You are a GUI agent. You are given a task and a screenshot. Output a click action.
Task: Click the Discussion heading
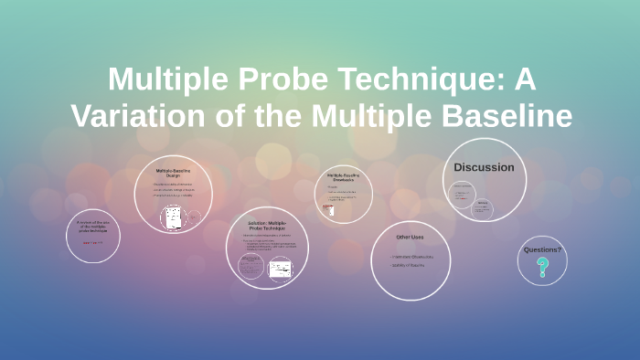tap(484, 167)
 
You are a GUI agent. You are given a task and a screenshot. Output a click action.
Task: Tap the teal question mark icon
tap(542, 268)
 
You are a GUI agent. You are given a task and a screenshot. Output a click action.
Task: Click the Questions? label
tap(542, 249)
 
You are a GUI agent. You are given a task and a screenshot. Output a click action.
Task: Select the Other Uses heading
tap(410, 238)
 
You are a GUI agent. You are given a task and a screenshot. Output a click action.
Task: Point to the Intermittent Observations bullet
tap(412, 257)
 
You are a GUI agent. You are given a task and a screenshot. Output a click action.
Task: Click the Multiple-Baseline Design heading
tap(173, 173)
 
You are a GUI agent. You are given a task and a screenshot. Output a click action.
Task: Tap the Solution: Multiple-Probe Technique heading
tap(267, 226)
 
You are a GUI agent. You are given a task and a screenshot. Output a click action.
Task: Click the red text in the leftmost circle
tap(92, 243)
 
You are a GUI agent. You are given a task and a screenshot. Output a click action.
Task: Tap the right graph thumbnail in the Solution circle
tap(280, 268)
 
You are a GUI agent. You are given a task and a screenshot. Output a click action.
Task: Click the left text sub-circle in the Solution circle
tap(251, 266)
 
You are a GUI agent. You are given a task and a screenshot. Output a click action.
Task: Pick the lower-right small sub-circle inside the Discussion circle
tap(482, 208)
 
